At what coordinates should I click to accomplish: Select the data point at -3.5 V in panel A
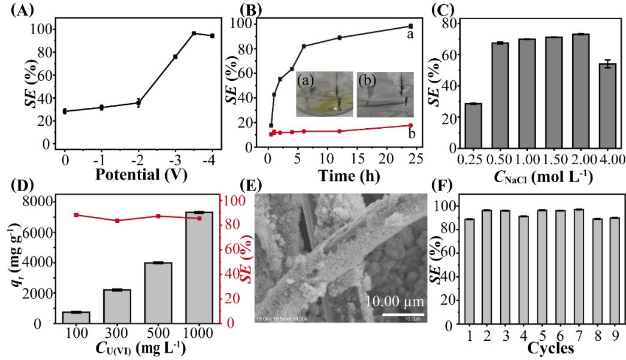(193, 34)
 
